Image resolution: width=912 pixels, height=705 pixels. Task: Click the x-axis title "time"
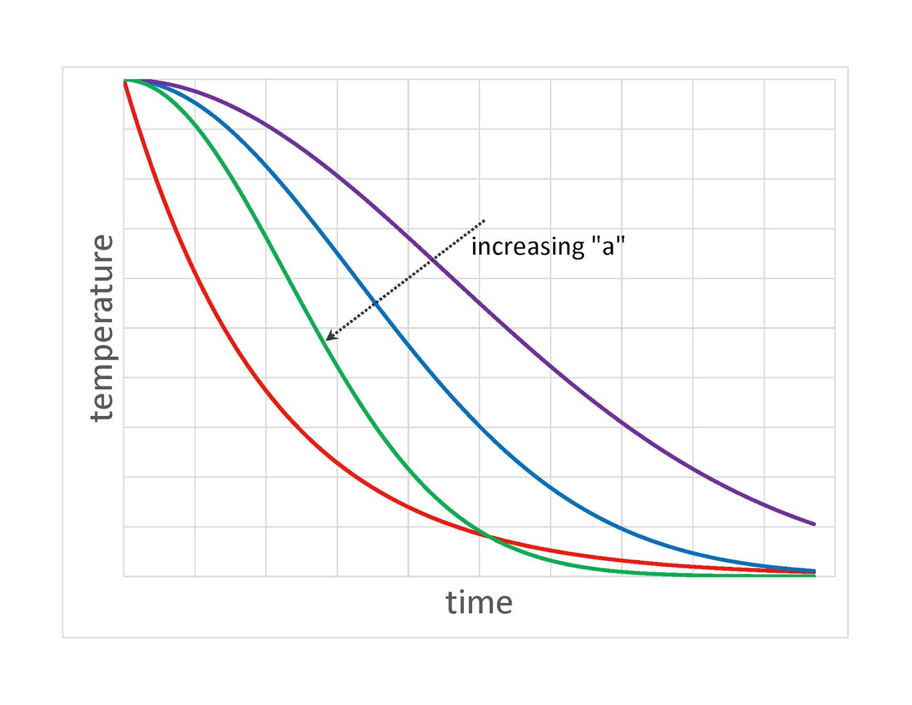click(x=479, y=603)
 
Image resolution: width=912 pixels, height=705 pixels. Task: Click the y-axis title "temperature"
click(x=102, y=328)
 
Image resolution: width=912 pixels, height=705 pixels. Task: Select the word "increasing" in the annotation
click(x=528, y=247)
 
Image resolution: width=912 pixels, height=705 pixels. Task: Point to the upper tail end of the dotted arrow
click(x=484, y=220)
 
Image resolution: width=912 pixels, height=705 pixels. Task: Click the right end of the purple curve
click(x=815, y=524)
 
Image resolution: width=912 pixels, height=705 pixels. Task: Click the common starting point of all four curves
click(x=124, y=81)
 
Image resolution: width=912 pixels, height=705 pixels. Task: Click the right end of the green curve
click(x=815, y=576)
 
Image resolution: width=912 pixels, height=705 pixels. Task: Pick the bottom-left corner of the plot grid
click(x=124, y=576)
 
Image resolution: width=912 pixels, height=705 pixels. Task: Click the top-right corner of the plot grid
click(x=835, y=80)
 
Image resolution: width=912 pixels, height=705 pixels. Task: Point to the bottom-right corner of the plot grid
click(x=835, y=576)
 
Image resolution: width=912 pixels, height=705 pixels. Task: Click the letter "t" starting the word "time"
click(x=450, y=603)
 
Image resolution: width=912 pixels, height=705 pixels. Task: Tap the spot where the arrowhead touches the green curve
click(x=326, y=340)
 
